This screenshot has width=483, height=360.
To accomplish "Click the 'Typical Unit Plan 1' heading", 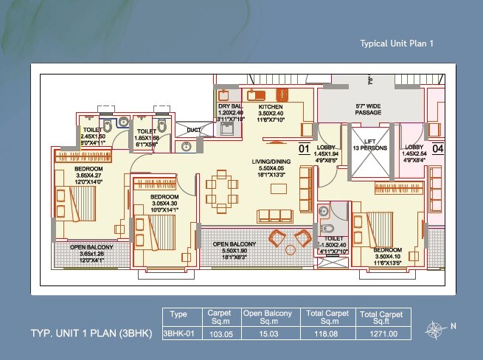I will [x=396, y=44].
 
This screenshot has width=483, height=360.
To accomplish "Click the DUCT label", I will [x=194, y=131].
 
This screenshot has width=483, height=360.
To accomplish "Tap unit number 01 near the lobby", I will [x=303, y=149].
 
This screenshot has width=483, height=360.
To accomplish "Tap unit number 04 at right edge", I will [x=437, y=149].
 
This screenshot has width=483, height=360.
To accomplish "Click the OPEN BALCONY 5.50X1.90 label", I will [x=234, y=250].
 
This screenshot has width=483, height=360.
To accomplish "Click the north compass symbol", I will [x=435, y=328].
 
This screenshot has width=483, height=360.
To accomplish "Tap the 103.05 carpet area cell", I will [x=220, y=333].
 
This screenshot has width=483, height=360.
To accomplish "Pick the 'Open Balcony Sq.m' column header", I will [x=268, y=317].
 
